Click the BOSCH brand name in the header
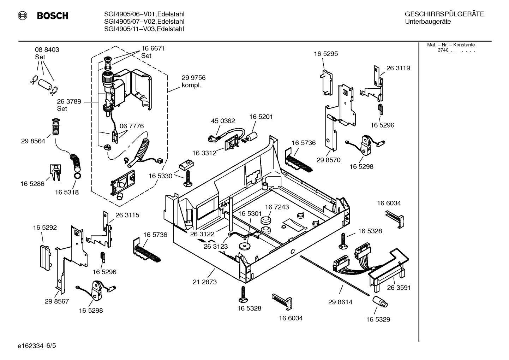[x=52, y=16]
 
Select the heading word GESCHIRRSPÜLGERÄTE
[x=444, y=14]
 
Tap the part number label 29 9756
[x=193, y=78]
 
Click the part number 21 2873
[x=205, y=282]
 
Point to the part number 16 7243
[x=277, y=207]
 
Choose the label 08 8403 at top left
[x=47, y=50]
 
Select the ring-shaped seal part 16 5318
[x=77, y=176]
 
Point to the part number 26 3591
[x=399, y=288]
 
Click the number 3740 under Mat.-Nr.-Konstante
[x=443, y=50]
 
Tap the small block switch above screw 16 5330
[x=186, y=164]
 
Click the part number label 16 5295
[x=326, y=54]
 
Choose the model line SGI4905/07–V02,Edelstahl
[x=144, y=22]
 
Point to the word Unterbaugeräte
[x=428, y=22]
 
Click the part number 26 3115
[x=127, y=215]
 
